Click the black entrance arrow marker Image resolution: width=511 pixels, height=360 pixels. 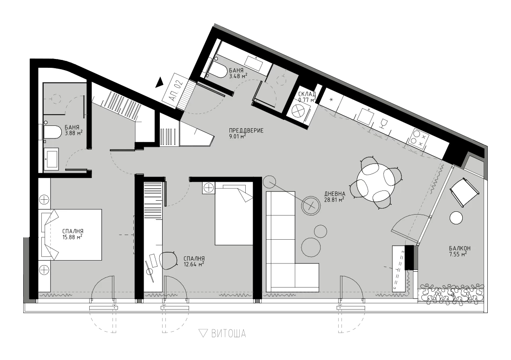(159, 82)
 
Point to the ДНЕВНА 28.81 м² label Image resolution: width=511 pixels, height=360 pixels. (334, 196)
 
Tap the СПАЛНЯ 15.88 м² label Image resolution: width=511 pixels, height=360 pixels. (72, 234)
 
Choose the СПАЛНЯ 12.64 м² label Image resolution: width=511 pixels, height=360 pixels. (194, 262)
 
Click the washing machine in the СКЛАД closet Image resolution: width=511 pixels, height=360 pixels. (300, 112)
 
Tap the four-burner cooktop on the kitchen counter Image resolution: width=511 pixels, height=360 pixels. (417, 138)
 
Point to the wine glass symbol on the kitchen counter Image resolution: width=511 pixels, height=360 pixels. (384, 124)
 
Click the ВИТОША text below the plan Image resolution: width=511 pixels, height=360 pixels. (229, 334)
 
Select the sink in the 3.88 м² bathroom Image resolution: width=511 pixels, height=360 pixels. (51, 159)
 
